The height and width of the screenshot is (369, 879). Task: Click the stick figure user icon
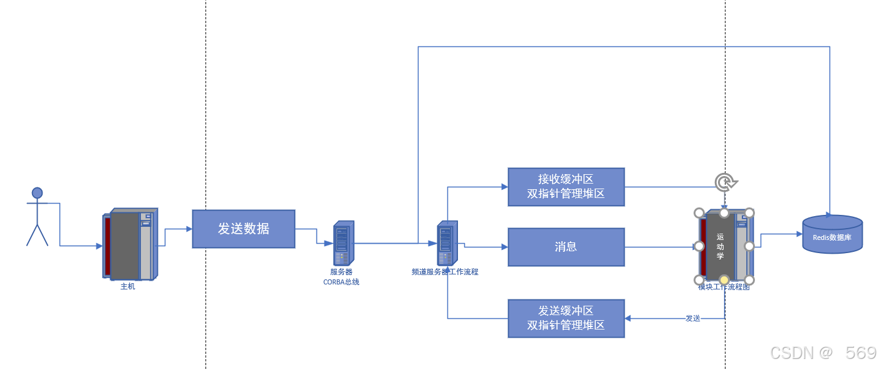(x=37, y=216)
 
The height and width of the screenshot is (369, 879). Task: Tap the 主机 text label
(x=127, y=286)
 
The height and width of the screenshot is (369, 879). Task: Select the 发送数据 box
(x=243, y=229)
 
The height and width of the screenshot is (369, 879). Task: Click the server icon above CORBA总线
(x=343, y=242)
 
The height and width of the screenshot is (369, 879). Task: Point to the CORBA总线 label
(x=341, y=282)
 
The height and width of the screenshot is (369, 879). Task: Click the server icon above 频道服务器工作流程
(x=447, y=242)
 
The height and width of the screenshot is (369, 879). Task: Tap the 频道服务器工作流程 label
(x=445, y=272)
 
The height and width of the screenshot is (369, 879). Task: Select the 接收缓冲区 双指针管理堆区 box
(x=566, y=187)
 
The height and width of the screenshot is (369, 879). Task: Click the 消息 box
(x=566, y=247)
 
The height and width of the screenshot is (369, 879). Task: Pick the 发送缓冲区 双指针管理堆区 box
(x=566, y=318)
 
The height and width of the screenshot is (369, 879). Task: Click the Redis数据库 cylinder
(x=832, y=235)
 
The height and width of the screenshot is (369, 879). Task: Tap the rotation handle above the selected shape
(x=725, y=182)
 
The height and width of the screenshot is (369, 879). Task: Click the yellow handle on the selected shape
(x=724, y=279)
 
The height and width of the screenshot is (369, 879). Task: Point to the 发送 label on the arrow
(x=692, y=318)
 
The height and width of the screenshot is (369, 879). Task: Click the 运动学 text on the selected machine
(x=720, y=246)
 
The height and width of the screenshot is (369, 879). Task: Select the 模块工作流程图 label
(x=724, y=288)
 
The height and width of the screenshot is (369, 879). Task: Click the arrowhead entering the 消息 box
(x=504, y=247)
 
